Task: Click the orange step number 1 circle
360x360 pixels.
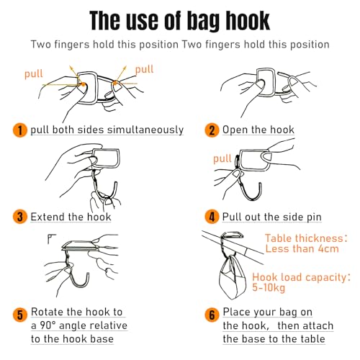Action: click(19, 130)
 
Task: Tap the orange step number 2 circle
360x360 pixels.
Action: click(212, 130)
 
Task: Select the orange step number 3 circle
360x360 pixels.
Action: click(19, 217)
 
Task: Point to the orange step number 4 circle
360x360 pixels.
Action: click(212, 217)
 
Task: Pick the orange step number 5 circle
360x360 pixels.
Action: click(19, 315)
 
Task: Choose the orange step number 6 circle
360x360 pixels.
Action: click(212, 315)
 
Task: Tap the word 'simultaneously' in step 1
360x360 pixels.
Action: click(145, 130)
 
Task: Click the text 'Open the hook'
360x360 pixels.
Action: click(258, 130)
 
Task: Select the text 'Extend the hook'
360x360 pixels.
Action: click(71, 217)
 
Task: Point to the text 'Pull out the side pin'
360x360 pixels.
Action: click(272, 217)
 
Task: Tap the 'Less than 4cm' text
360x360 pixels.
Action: click(302, 248)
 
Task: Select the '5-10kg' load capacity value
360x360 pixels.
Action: click(269, 287)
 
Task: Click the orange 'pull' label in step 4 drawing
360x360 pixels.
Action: click(222, 159)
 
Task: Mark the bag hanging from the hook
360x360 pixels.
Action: click(233, 277)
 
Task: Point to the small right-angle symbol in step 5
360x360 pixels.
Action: click(51, 239)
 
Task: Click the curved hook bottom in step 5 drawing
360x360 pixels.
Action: click(80, 285)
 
